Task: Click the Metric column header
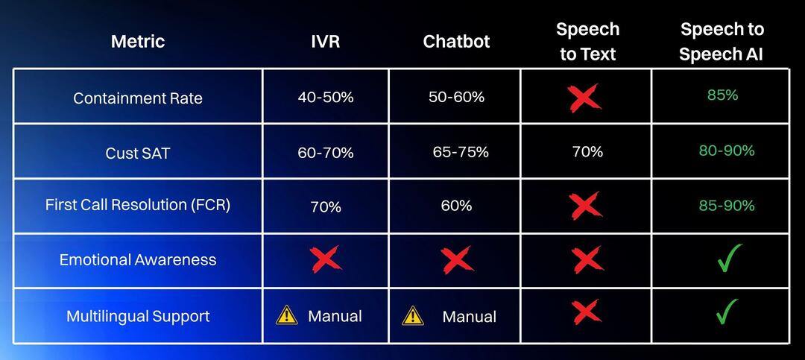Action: pyautogui.click(x=138, y=41)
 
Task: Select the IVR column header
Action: pyautogui.click(x=325, y=41)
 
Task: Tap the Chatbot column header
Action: pyautogui.click(x=456, y=41)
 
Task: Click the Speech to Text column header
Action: pyautogui.click(x=587, y=42)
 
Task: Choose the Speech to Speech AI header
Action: pyautogui.click(x=721, y=42)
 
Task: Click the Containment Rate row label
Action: pyautogui.click(x=138, y=98)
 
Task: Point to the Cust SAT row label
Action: pyautogui.click(x=138, y=154)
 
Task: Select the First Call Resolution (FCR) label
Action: pyautogui.click(x=138, y=205)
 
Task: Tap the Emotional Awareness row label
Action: pyautogui.click(x=138, y=260)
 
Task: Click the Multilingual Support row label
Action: pyautogui.click(x=138, y=316)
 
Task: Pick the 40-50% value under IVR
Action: pyautogui.click(x=326, y=97)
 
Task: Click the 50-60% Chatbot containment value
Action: pyautogui.click(x=456, y=97)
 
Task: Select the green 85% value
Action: pyautogui.click(x=722, y=95)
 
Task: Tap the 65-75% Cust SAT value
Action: pyautogui.click(x=461, y=152)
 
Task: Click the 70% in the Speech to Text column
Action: pyautogui.click(x=587, y=152)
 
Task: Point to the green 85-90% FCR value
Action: pyautogui.click(x=726, y=205)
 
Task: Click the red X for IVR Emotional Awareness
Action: pyautogui.click(x=326, y=259)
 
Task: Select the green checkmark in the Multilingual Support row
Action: pyautogui.click(x=727, y=312)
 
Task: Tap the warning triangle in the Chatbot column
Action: pyautogui.click(x=413, y=316)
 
